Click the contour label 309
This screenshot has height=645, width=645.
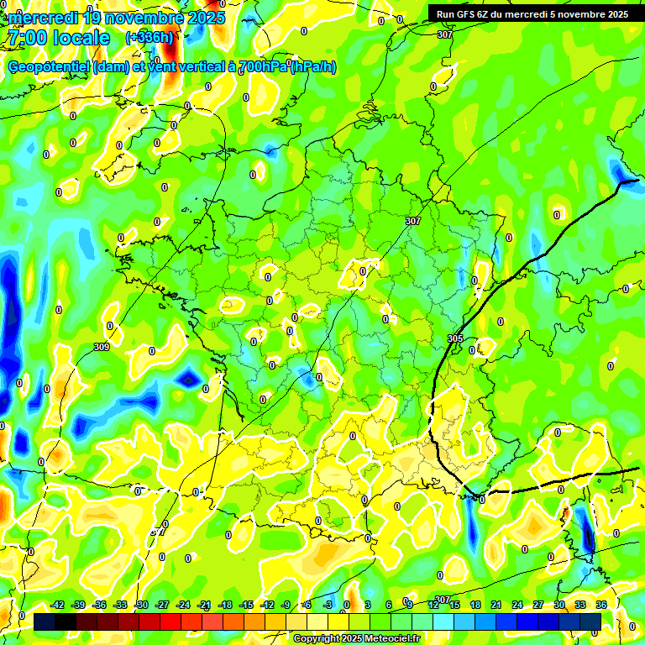[102, 347]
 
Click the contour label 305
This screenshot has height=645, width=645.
[454, 338]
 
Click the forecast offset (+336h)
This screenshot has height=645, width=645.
[149, 37]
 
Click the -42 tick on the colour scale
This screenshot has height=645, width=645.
[57, 605]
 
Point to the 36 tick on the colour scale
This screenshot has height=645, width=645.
[601, 605]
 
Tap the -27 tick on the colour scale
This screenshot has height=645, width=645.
[162, 605]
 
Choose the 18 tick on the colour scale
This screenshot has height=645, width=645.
[475, 605]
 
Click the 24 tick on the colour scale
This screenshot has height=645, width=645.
[517, 605]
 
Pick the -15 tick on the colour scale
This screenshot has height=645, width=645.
[246, 605]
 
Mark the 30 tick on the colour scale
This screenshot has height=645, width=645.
[559, 605]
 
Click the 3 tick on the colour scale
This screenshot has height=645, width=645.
[368, 605]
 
